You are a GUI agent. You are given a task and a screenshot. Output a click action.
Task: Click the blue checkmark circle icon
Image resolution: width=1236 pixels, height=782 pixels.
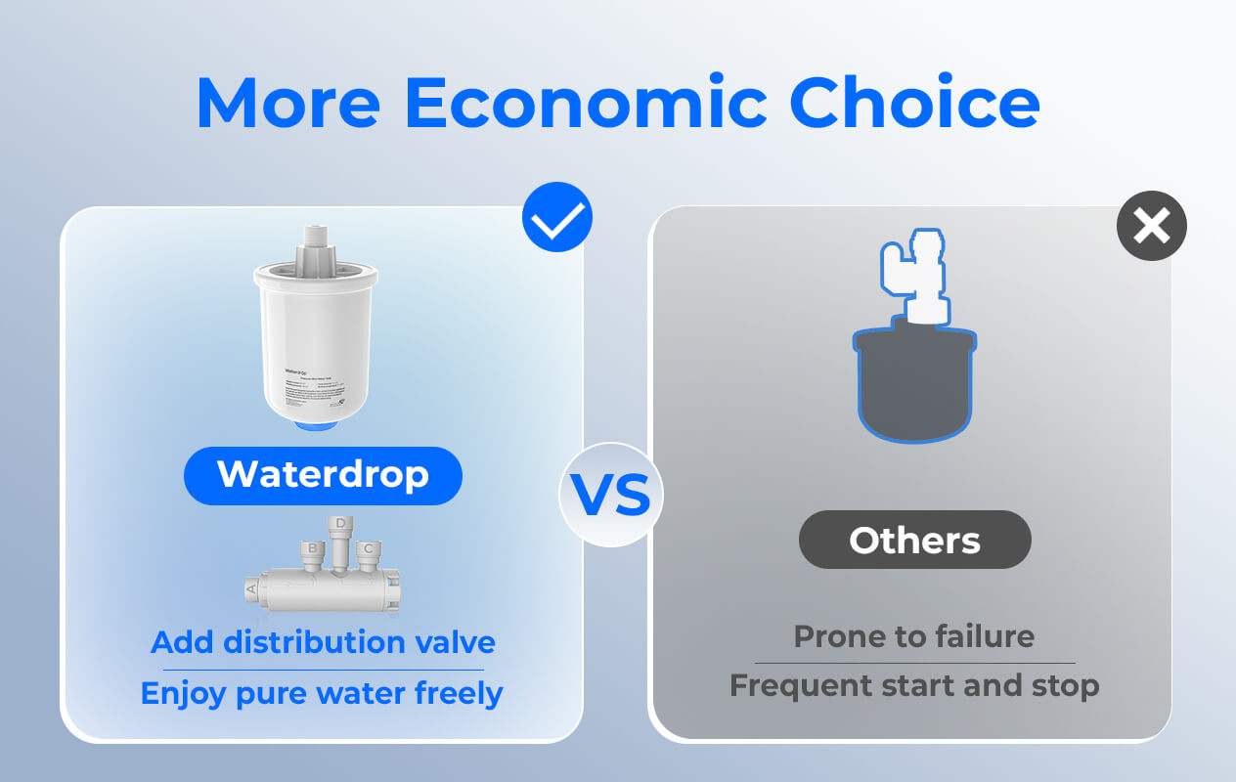557,217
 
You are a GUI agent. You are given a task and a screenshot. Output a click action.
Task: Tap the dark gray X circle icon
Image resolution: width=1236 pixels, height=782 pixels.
1151,226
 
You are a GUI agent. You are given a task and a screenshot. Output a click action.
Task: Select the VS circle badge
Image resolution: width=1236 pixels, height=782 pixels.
611,496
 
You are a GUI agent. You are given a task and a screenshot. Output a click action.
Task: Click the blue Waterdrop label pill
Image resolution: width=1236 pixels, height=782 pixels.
323,475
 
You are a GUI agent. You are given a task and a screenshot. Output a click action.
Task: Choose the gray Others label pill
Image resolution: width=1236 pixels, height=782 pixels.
914,540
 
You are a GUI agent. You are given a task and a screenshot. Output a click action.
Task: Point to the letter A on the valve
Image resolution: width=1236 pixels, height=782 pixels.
252,589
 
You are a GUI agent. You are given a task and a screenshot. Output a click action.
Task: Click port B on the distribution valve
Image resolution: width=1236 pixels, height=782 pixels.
312,550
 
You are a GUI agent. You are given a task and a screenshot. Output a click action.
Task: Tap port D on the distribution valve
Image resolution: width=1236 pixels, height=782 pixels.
339,526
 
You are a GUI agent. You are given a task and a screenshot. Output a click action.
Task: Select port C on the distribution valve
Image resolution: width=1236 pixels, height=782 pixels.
367,550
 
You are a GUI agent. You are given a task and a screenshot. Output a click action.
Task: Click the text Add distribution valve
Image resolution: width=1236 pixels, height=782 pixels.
323,642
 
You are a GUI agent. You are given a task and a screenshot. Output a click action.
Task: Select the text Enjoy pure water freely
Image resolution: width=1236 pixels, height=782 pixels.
322,693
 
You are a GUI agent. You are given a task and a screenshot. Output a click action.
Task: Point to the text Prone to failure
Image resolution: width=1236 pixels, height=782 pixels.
913,636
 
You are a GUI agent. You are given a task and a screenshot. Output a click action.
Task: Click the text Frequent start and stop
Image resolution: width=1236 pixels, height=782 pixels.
913,685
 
